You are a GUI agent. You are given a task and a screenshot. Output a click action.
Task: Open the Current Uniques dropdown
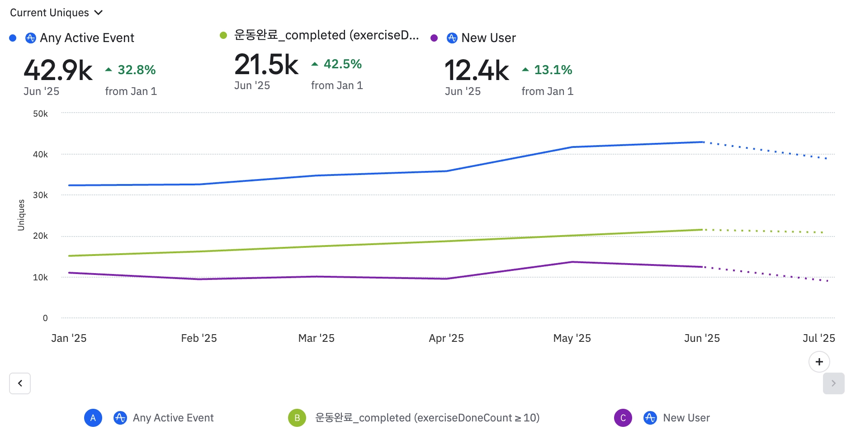[57, 13]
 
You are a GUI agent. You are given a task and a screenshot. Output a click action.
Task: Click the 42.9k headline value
[58, 71]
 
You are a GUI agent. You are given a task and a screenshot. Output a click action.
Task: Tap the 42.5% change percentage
[342, 64]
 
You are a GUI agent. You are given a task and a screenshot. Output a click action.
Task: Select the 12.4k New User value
[477, 71]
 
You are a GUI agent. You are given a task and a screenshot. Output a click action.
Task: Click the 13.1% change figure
[553, 70]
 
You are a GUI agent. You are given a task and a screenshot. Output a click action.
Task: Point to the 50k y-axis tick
[40, 114]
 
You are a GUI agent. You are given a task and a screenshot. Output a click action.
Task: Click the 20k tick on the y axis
[40, 236]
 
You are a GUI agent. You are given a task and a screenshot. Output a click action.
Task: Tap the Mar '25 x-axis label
[316, 338]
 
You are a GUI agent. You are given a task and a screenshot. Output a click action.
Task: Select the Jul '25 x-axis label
[818, 338]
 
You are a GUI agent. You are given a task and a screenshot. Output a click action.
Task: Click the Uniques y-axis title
[21, 215]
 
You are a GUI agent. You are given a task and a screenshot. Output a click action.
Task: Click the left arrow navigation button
[20, 383]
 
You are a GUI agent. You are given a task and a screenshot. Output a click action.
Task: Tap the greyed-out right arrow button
[833, 383]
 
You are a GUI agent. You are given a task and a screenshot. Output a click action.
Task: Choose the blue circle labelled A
[93, 418]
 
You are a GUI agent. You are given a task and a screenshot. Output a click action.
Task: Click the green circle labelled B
[297, 418]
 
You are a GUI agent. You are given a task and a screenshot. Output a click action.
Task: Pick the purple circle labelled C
[623, 418]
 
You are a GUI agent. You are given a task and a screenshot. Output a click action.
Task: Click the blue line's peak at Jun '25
[702, 142]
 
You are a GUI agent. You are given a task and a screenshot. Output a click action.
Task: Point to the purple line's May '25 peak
[572, 262]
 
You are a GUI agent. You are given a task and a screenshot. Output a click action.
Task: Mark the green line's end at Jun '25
[702, 230]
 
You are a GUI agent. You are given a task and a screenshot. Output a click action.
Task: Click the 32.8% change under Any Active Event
[137, 70]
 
